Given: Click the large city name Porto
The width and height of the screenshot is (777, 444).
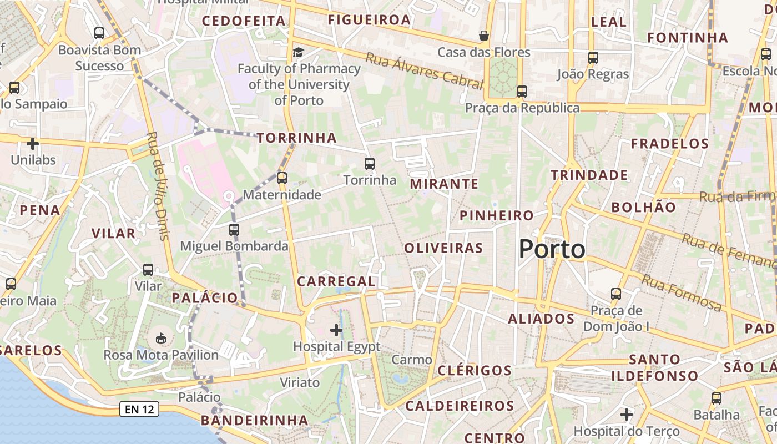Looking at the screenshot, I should click(552, 249).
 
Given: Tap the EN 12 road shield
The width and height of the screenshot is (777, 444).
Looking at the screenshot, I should click(139, 410).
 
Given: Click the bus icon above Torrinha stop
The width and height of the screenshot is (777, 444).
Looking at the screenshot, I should click(370, 164).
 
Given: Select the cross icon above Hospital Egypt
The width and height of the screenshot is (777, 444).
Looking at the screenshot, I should click(336, 330).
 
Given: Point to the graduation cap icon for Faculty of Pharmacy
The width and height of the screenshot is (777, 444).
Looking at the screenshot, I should click(299, 52).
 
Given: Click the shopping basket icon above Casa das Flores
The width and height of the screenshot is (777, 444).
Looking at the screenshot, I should click(484, 36).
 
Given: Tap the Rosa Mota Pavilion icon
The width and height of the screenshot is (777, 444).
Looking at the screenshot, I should click(161, 338).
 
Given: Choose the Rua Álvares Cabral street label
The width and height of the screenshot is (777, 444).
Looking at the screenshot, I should click(425, 70).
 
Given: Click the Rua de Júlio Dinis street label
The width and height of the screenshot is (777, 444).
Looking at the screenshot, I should click(158, 185).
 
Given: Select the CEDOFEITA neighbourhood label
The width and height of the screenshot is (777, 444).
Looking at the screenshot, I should click(244, 21).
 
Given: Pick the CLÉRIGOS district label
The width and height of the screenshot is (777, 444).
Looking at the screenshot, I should click(475, 370).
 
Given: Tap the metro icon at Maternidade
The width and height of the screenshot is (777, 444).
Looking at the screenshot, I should click(282, 178).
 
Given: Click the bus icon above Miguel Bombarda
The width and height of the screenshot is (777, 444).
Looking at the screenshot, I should click(234, 229).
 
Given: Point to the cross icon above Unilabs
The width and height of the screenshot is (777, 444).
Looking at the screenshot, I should click(33, 144).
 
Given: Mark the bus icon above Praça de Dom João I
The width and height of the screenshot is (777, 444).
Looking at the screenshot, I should click(616, 294).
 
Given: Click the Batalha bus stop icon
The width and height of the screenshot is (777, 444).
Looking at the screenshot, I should click(717, 398).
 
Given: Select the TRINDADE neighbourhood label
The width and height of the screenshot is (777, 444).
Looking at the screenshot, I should click(589, 175).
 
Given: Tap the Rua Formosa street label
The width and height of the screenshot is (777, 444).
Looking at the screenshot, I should click(682, 292).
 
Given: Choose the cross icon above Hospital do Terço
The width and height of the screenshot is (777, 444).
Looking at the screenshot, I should click(627, 415).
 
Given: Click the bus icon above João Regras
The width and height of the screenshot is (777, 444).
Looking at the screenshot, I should click(593, 57).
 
